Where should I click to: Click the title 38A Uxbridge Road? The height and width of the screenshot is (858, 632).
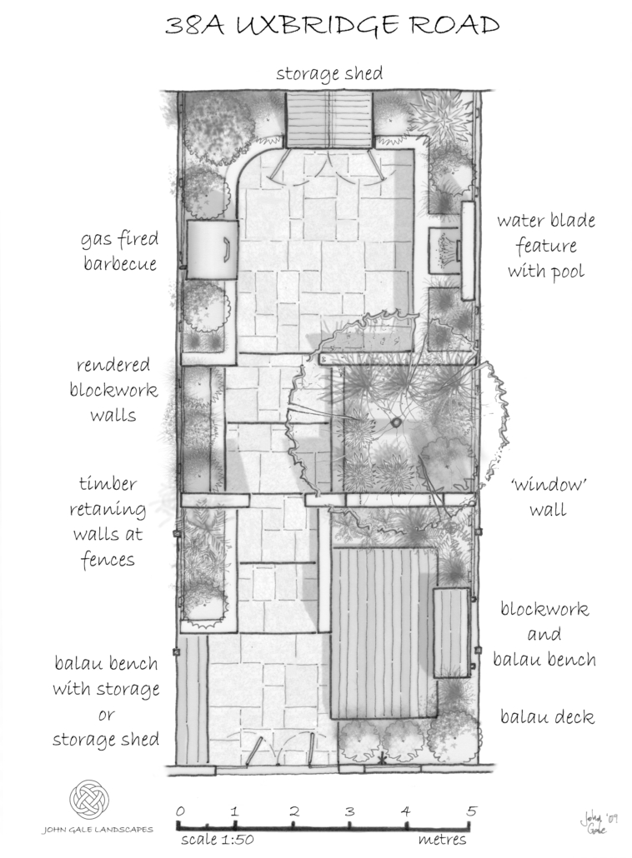click(x=332, y=26)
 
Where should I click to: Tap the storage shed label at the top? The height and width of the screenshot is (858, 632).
click(x=329, y=73)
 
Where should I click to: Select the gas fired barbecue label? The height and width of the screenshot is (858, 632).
click(x=119, y=252)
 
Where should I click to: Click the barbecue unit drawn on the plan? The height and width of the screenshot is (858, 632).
click(x=213, y=250)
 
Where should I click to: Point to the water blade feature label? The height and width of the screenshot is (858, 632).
click(x=546, y=247)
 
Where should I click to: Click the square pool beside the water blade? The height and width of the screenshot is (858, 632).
click(x=444, y=250)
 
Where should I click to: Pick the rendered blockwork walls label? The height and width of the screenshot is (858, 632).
click(x=113, y=390)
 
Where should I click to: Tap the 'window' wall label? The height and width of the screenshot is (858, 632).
click(x=547, y=497)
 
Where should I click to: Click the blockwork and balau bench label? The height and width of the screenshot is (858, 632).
click(x=544, y=634)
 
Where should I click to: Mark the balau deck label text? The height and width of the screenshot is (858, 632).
click(x=547, y=716)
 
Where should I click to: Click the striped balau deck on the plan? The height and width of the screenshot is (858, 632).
click(x=384, y=632)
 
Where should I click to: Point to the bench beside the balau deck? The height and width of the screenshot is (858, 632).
click(x=453, y=632)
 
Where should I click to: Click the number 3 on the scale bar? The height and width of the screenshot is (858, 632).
click(x=350, y=811)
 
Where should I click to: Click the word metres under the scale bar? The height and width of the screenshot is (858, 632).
click(x=442, y=840)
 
